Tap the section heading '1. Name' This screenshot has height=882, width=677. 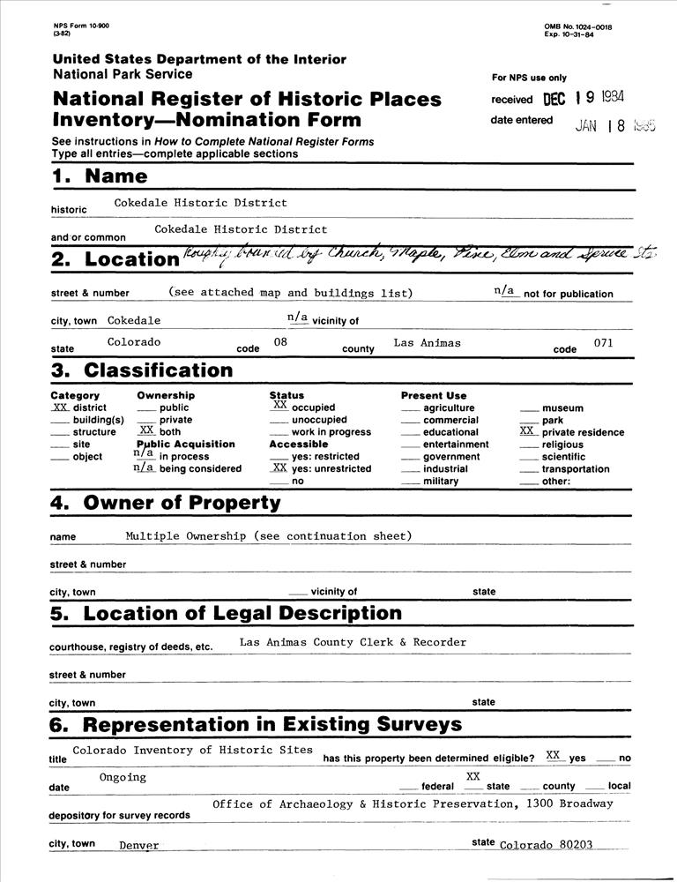click(x=100, y=176)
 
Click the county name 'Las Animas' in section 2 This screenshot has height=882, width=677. click(x=427, y=342)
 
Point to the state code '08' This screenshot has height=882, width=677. click(x=280, y=341)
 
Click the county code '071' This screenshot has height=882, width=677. click(x=603, y=342)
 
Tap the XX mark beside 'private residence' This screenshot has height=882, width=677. click(x=527, y=431)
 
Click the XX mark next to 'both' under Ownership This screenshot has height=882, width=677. click(x=147, y=430)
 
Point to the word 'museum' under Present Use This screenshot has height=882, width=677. click(x=562, y=408)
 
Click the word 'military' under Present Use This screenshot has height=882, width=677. click(x=441, y=482)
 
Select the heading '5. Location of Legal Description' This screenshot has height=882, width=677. click(x=226, y=613)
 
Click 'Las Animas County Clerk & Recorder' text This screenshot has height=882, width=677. click(x=353, y=642)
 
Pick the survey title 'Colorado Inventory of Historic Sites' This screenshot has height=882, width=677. click(x=192, y=750)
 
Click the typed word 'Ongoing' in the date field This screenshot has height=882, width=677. click(x=123, y=777)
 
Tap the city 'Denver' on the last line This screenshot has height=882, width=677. click(x=139, y=845)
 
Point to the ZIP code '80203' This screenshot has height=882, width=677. click(x=576, y=844)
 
